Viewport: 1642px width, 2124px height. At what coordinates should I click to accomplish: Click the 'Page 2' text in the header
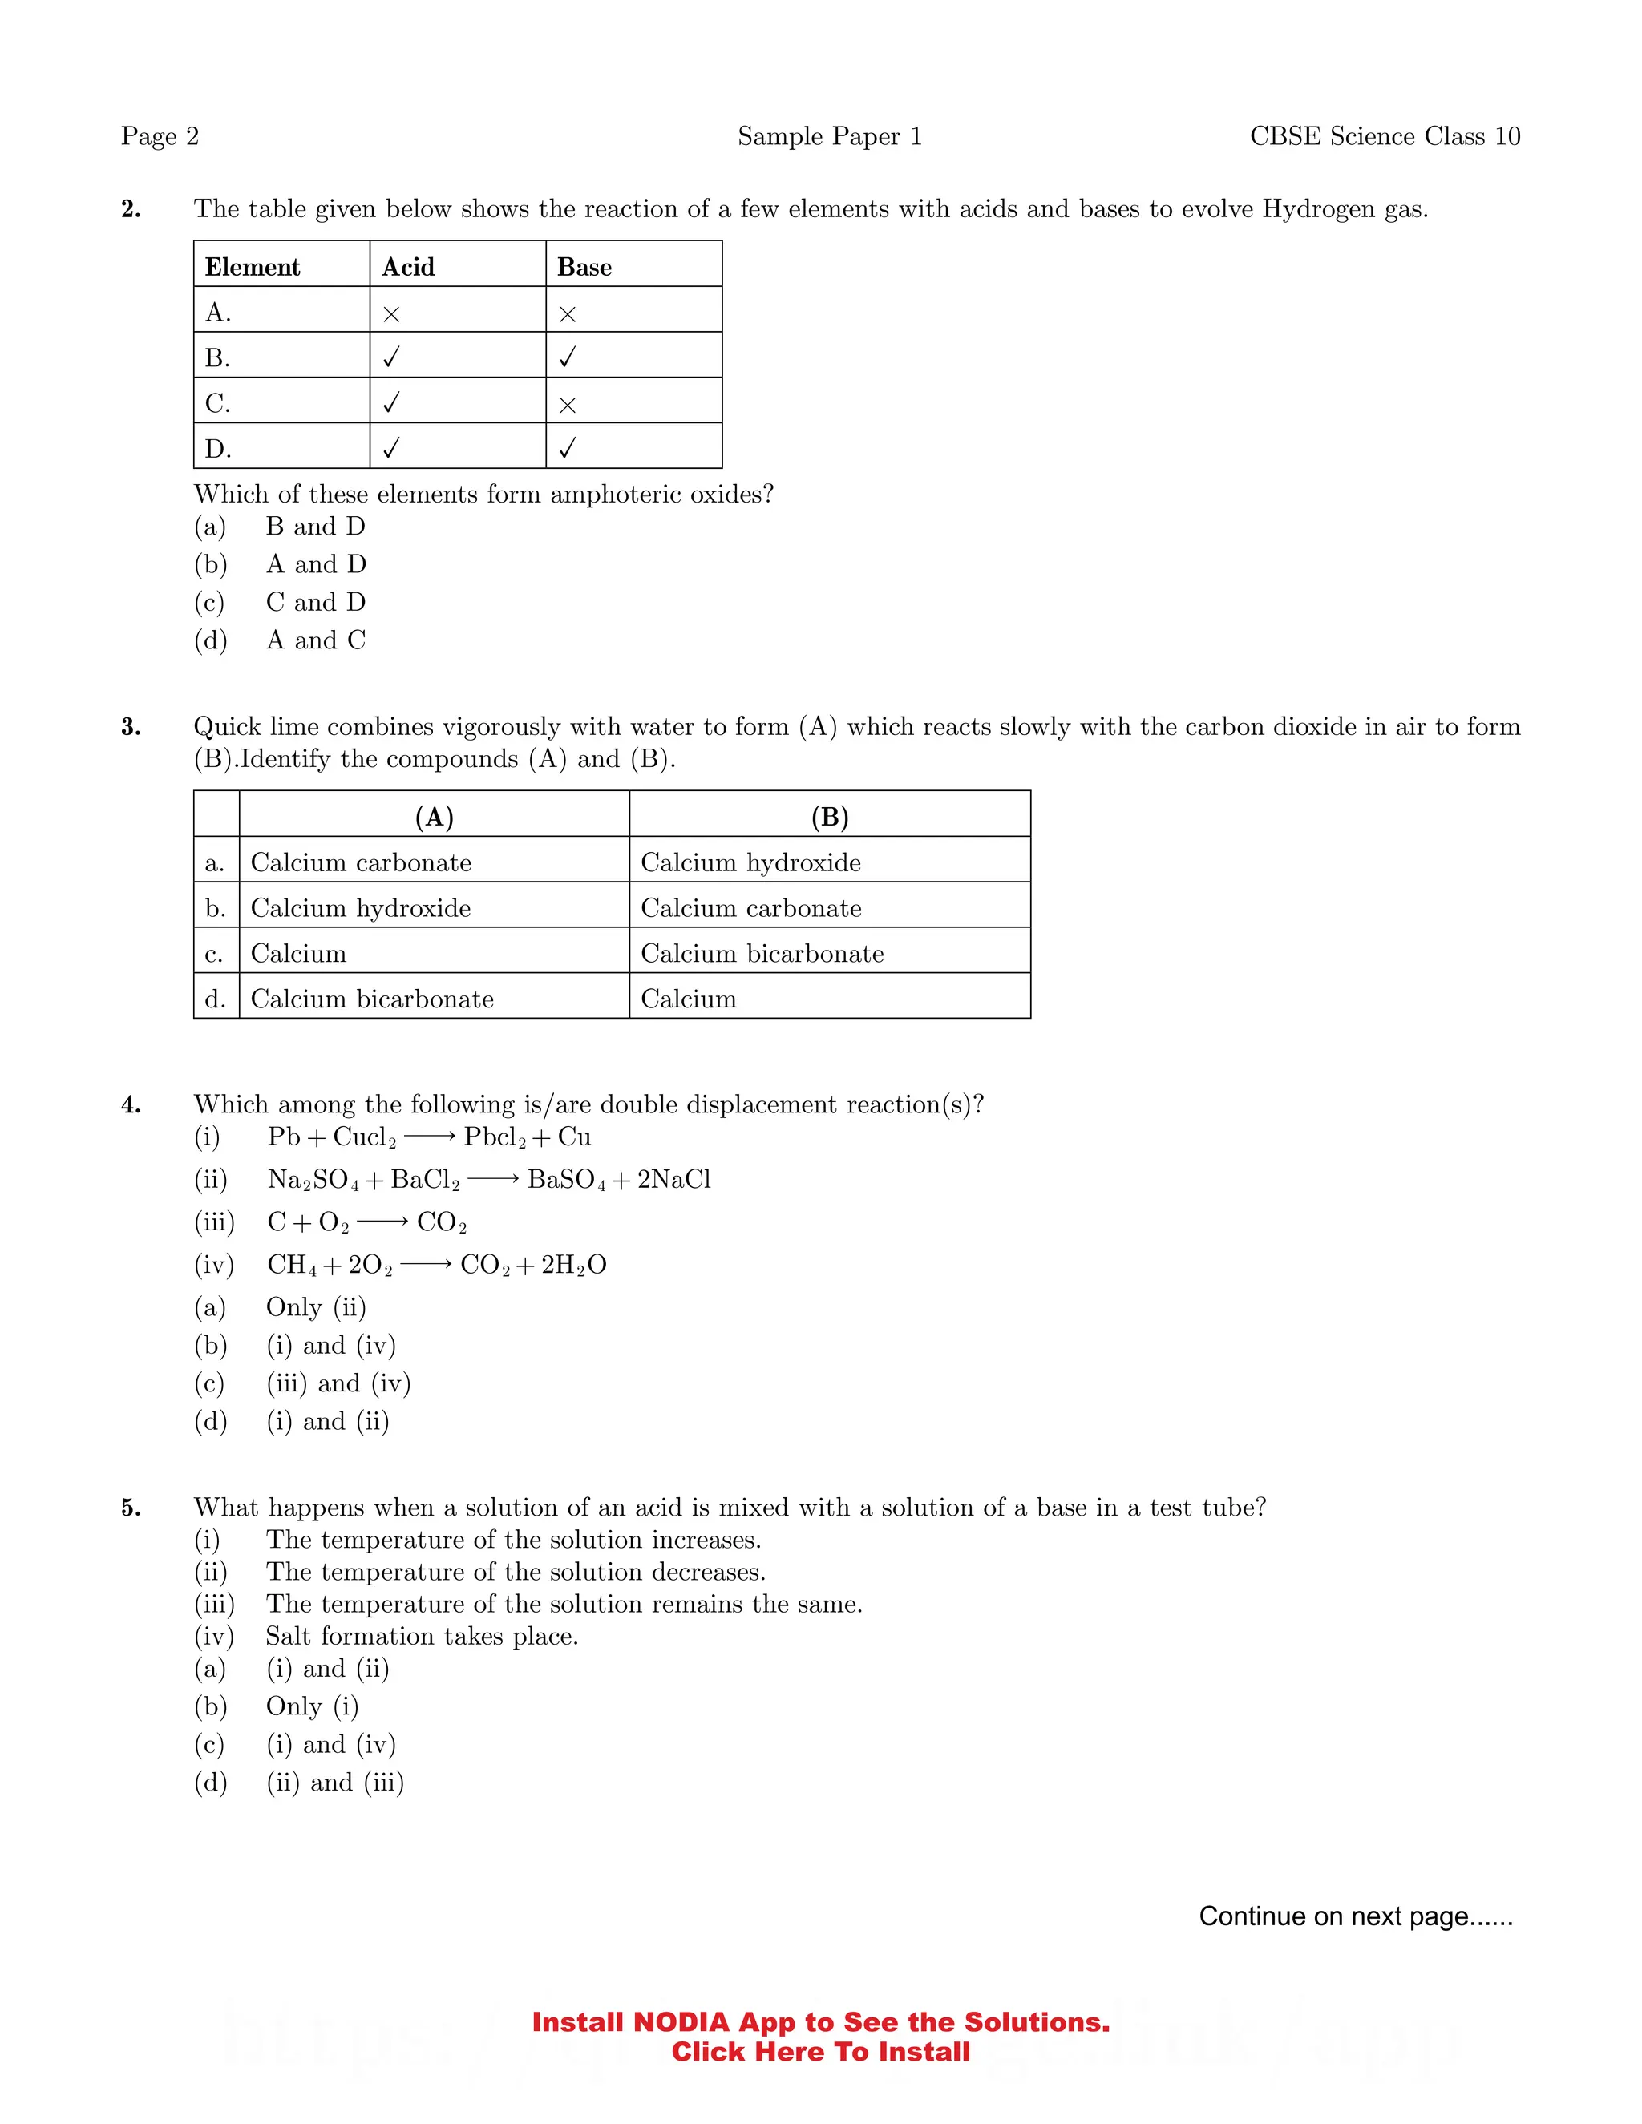pyautogui.click(x=160, y=136)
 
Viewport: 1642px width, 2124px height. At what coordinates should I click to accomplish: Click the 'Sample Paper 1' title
pyautogui.click(x=829, y=136)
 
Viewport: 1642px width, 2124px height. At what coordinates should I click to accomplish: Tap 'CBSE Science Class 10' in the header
pyautogui.click(x=1384, y=136)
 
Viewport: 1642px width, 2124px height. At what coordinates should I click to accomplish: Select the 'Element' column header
pyautogui.click(x=252, y=268)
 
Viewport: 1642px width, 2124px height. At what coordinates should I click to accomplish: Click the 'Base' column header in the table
pyautogui.click(x=584, y=268)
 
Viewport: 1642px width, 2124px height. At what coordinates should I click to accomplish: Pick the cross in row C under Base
pyautogui.click(x=567, y=405)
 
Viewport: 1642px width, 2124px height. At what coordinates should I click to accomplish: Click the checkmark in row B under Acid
pyautogui.click(x=391, y=358)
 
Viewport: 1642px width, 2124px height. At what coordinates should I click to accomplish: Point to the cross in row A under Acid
pyautogui.click(x=391, y=314)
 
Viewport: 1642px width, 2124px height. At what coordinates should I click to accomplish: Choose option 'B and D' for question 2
pyautogui.click(x=315, y=526)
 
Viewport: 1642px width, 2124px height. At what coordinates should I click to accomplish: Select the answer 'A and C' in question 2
pyautogui.click(x=315, y=640)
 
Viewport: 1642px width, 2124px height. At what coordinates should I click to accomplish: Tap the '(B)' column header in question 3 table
pyautogui.click(x=829, y=817)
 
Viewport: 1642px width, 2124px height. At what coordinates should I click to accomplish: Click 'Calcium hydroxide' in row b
pyautogui.click(x=360, y=908)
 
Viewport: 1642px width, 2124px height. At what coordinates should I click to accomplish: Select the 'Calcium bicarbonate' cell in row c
pyautogui.click(x=762, y=954)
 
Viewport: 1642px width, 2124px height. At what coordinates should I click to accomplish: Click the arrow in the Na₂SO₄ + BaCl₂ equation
pyautogui.click(x=493, y=1180)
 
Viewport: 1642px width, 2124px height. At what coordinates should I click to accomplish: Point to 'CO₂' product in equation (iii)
pyautogui.click(x=442, y=1222)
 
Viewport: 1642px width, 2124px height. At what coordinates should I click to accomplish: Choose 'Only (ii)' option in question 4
pyautogui.click(x=315, y=1307)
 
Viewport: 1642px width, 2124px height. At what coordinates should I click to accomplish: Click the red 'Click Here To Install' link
pyautogui.click(x=820, y=2052)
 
